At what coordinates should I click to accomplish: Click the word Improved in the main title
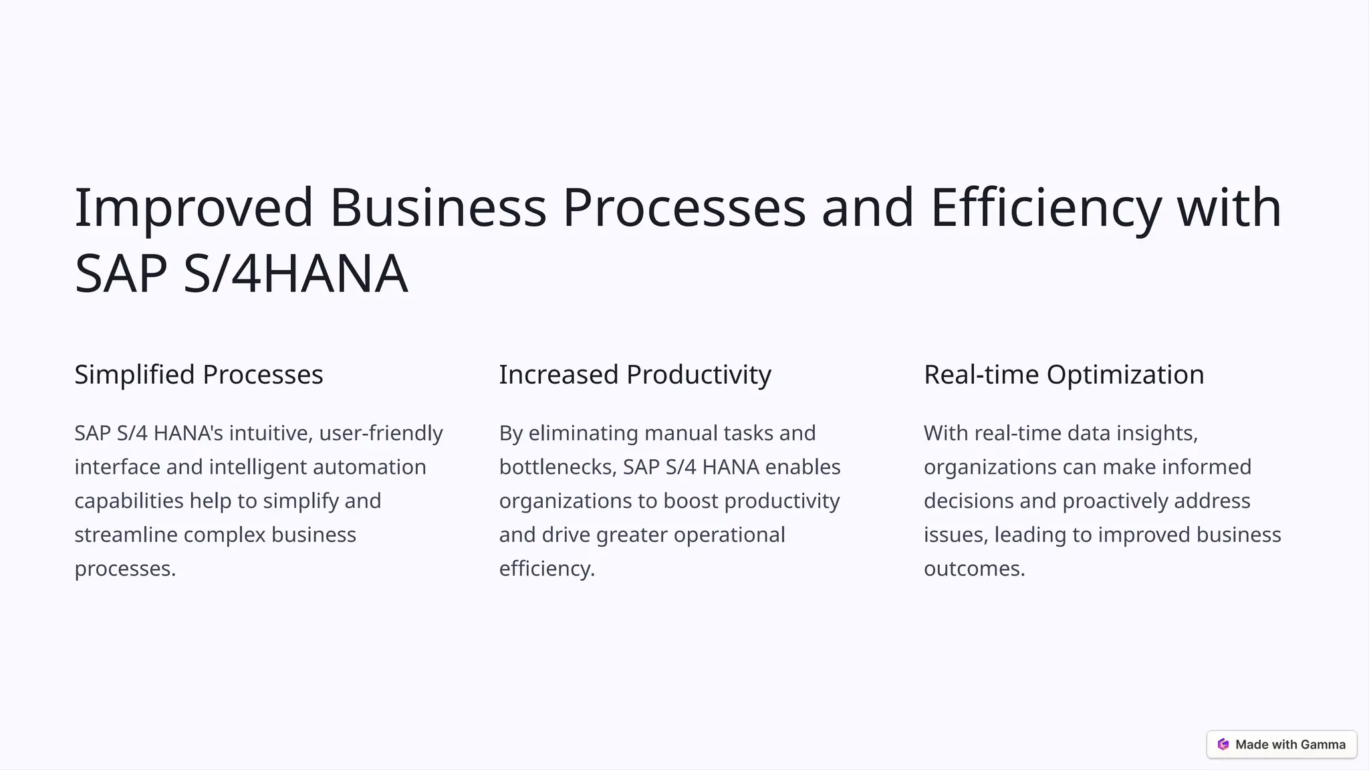pyautogui.click(x=193, y=208)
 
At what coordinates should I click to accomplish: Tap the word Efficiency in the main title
pyautogui.click(x=1045, y=208)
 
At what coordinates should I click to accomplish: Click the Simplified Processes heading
pyautogui.click(x=199, y=374)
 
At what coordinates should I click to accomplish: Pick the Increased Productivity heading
pyautogui.click(x=635, y=374)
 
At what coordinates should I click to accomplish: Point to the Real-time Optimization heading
pyautogui.click(x=1064, y=374)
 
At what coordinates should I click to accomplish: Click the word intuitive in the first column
pyautogui.click(x=270, y=433)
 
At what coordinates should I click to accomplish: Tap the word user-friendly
pyautogui.click(x=381, y=433)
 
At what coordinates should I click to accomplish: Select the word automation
pyautogui.click(x=369, y=467)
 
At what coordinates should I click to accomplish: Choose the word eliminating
pyautogui.click(x=583, y=433)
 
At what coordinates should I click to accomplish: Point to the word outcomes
pyautogui.click(x=974, y=569)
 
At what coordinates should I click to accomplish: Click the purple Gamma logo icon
pyautogui.click(x=1223, y=745)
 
